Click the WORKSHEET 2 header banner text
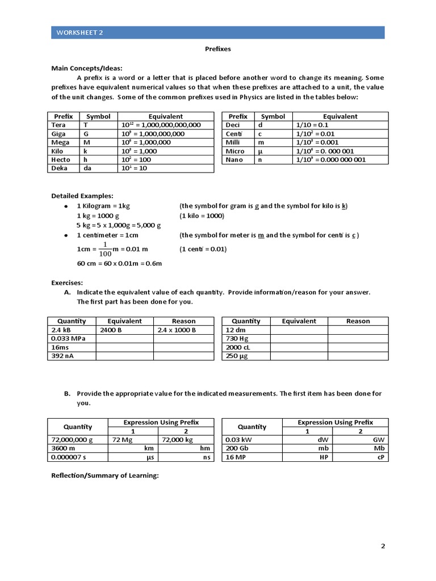[79, 32]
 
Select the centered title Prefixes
[218, 49]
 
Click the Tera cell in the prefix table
[58, 125]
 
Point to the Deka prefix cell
[60, 169]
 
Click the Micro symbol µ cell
[260, 151]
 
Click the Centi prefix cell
[234, 134]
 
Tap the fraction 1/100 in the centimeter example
[104, 249]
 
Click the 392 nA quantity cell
[63, 356]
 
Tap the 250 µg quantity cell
[237, 356]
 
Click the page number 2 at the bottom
[383, 546]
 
